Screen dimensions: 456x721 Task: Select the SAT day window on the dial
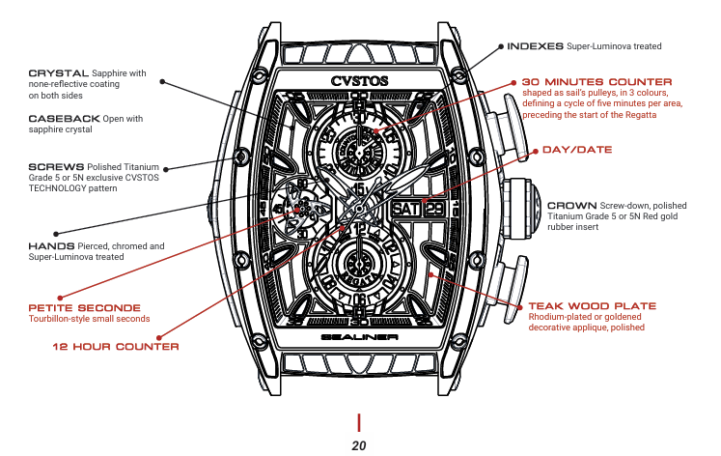405,208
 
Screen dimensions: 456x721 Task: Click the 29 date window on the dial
432,208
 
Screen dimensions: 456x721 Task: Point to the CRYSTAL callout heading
58,73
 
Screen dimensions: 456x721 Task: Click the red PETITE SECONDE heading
84,307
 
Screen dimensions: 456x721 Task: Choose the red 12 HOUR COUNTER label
115,346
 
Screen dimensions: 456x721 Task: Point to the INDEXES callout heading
535,45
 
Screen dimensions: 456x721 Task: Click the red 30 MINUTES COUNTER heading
596,81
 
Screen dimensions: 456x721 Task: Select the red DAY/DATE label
577,150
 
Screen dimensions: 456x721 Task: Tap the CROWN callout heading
571,206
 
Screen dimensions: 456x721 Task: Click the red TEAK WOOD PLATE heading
592,306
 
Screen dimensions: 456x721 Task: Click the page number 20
359,445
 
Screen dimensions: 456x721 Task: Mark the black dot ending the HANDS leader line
57,233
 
